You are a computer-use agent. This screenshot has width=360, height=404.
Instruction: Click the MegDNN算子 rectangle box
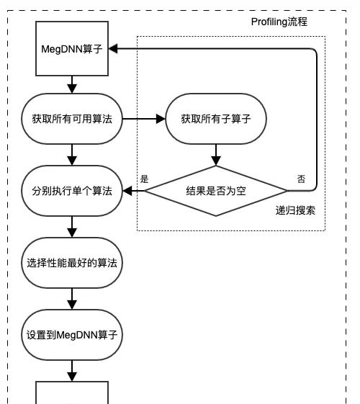(x=72, y=49)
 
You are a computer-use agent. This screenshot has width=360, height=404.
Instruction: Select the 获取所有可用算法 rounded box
(x=72, y=118)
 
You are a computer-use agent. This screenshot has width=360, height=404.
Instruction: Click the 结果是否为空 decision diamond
(x=216, y=191)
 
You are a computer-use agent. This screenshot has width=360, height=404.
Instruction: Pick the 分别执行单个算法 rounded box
(x=72, y=191)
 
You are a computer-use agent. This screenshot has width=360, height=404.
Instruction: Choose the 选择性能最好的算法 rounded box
(x=72, y=263)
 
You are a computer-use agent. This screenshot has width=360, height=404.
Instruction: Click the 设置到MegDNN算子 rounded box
(x=72, y=335)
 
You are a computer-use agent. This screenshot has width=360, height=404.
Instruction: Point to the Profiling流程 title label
(x=279, y=22)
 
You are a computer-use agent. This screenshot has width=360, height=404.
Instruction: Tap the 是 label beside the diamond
(x=144, y=178)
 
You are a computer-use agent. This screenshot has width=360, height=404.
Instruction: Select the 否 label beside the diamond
(x=301, y=178)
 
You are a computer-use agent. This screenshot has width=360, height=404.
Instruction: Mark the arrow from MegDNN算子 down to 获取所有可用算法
(x=72, y=85)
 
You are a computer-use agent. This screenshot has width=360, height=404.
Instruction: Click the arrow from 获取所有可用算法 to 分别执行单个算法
(x=72, y=154)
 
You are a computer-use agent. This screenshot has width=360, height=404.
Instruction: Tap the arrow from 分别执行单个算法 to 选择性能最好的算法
(x=72, y=227)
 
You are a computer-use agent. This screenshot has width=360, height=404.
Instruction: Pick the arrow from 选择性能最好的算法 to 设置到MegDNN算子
(x=72, y=299)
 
